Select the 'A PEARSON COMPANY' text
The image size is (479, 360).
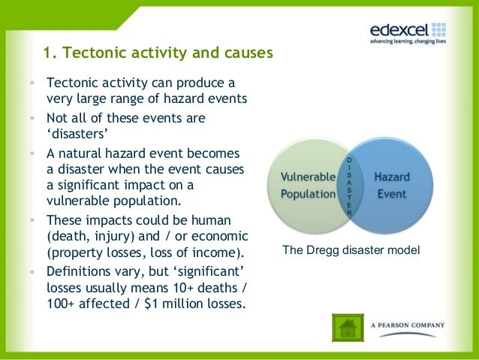click(408, 325)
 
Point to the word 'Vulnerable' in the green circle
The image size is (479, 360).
click(308, 177)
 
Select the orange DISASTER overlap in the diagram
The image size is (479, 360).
click(349, 186)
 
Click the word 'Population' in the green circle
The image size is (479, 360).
click(308, 194)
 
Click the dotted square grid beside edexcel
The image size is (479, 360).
click(440, 29)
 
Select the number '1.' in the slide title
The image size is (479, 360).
click(50, 54)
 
